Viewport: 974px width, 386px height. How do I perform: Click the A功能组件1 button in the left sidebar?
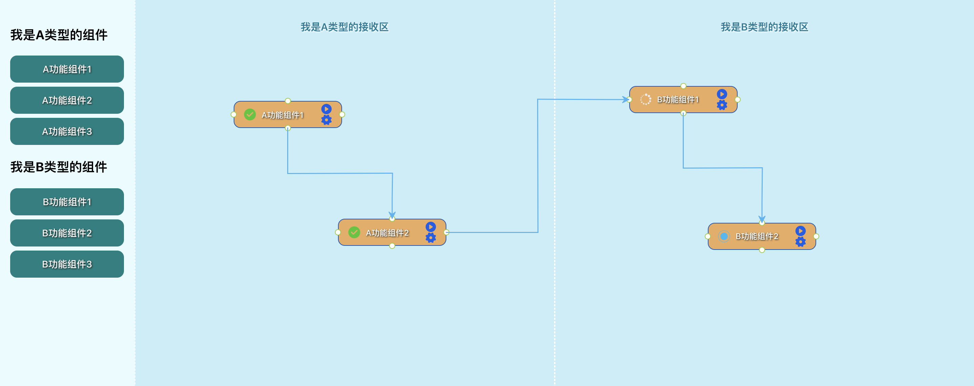(67, 69)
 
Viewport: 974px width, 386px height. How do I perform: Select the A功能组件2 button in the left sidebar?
(67, 100)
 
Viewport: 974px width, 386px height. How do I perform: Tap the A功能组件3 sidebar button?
(67, 132)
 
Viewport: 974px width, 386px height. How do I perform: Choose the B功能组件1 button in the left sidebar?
(67, 202)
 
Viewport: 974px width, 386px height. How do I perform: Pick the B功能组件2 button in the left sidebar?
(67, 233)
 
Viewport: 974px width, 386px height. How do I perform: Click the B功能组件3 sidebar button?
(67, 264)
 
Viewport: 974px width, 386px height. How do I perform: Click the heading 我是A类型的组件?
(59, 35)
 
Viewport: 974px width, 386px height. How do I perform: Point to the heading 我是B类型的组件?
(59, 167)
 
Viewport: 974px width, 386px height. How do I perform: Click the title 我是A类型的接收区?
(344, 27)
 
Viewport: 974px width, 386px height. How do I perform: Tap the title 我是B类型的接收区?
(764, 27)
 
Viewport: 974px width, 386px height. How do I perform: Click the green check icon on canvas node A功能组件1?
(250, 114)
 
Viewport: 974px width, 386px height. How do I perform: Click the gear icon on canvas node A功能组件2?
(431, 238)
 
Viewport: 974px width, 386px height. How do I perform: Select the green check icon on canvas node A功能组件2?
(354, 232)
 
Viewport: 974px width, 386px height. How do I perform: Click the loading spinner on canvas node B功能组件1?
(645, 100)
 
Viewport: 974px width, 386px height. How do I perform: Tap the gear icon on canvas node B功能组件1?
(722, 105)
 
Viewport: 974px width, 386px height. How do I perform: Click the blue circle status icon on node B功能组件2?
(724, 236)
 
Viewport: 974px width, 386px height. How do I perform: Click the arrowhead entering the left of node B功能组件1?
(626, 100)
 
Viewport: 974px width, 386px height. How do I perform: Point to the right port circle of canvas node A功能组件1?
(342, 114)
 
